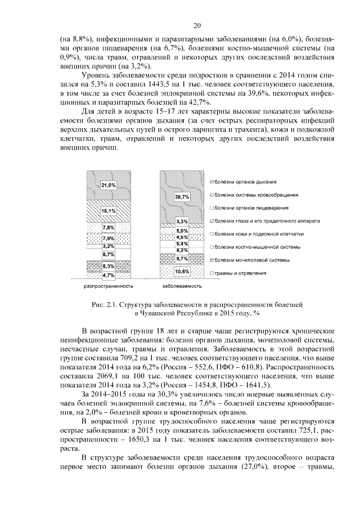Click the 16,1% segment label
coord(109,211)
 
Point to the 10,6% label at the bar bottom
coord(182,272)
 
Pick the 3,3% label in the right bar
coord(182,222)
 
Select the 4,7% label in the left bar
coord(109,276)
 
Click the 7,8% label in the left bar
coord(109,228)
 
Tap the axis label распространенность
coord(109,286)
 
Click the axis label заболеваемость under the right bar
coord(182,286)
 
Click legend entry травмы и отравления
coord(240,273)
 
